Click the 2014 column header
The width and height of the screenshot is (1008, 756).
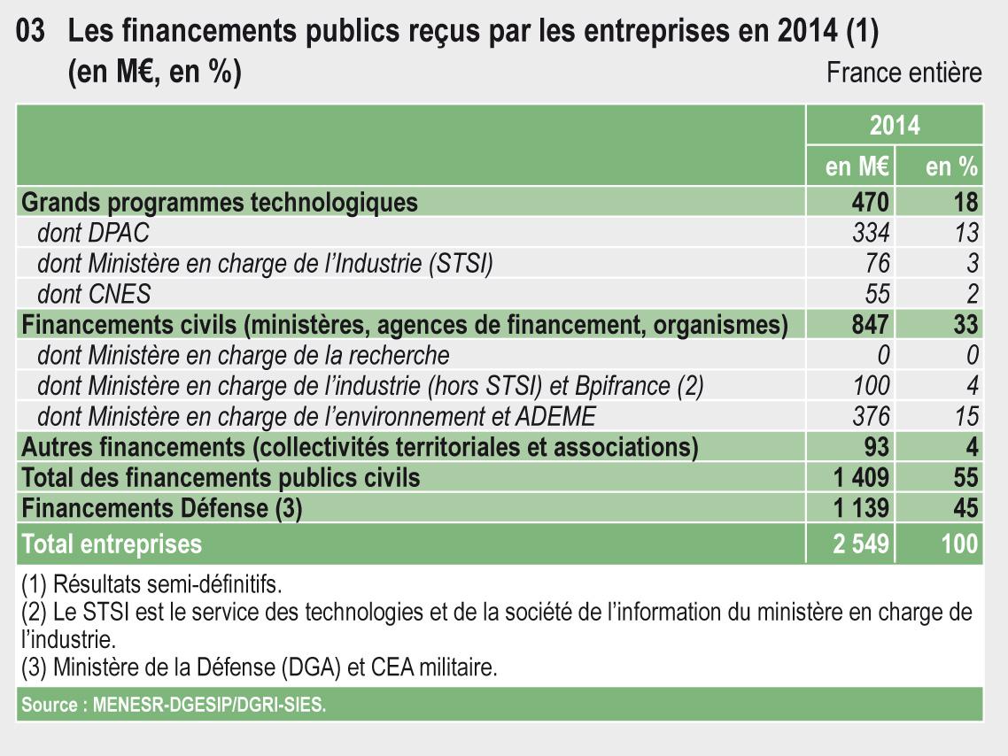coord(894,126)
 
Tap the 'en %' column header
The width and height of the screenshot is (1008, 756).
coord(951,166)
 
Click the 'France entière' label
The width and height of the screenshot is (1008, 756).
coord(903,73)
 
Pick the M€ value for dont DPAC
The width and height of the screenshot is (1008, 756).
coord(871,233)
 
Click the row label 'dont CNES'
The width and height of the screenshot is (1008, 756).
coord(94,293)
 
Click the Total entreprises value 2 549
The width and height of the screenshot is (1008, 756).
coord(861,543)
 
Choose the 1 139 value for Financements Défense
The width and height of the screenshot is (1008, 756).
coord(861,508)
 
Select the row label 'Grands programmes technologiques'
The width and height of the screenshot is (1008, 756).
coord(219,202)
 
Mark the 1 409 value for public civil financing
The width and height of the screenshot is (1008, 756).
coord(861,478)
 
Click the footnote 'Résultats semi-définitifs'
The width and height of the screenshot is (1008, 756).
coord(151,584)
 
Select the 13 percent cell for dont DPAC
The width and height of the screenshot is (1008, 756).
coord(966,233)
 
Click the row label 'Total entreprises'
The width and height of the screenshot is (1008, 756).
coord(112,543)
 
